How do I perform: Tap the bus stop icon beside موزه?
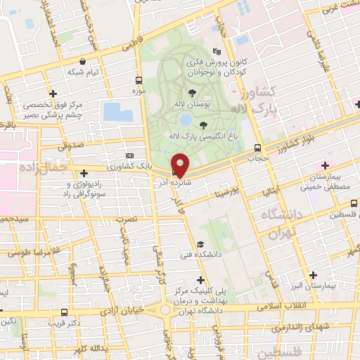[x=138, y=80]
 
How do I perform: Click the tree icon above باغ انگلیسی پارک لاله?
[x=204, y=125]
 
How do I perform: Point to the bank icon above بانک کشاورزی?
[x=129, y=155]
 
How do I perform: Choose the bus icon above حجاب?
[x=257, y=148]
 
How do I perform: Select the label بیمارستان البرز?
[x=333, y=287]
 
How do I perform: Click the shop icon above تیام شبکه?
[x=84, y=61]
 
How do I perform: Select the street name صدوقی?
[x=71, y=145]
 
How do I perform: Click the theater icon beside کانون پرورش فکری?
[x=217, y=51]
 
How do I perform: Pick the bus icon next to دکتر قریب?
[x=64, y=312]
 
